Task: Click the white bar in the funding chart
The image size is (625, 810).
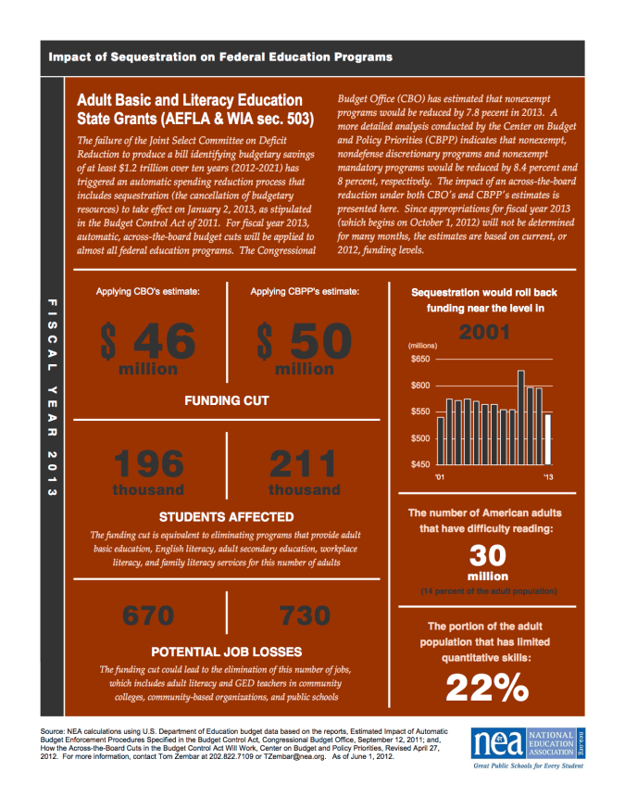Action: tap(548, 443)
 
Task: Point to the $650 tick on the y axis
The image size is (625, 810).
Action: tap(420, 358)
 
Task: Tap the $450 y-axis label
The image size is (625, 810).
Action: tap(420, 464)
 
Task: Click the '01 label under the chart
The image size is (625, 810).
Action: tap(441, 478)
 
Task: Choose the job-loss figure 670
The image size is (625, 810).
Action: tap(148, 615)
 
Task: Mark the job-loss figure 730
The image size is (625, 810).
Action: tap(304, 615)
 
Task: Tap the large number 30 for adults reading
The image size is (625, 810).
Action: tap(488, 555)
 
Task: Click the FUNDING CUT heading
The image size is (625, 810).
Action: tap(226, 400)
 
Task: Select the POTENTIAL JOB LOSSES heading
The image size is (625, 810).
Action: tap(226, 651)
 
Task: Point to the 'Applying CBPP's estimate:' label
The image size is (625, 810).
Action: tap(305, 292)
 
